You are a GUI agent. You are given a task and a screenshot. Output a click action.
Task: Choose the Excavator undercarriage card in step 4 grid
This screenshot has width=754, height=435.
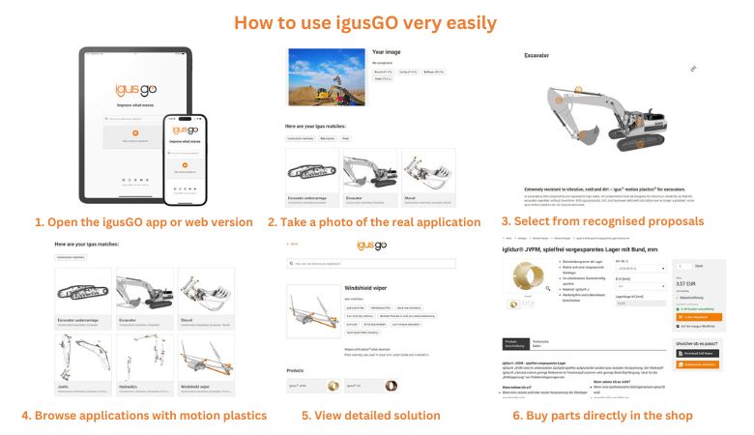pyautogui.click(x=83, y=294)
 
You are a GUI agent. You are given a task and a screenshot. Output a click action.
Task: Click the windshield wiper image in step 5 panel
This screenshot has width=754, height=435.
pyautogui.click(x=314, y=312)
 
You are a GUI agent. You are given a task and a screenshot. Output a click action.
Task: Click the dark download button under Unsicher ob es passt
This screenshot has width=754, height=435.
pyautogui.click(x=697, y=354)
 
